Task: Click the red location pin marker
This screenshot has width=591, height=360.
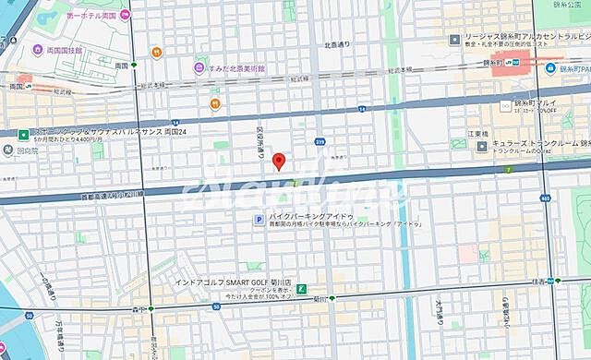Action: point(280,162)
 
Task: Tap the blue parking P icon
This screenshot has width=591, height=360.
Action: point(259,219)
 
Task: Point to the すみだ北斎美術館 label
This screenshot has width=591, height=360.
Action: point(235,68)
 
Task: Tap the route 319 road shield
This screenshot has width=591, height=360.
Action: point(320,141)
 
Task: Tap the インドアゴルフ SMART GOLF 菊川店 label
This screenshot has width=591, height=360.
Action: point(235,282)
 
